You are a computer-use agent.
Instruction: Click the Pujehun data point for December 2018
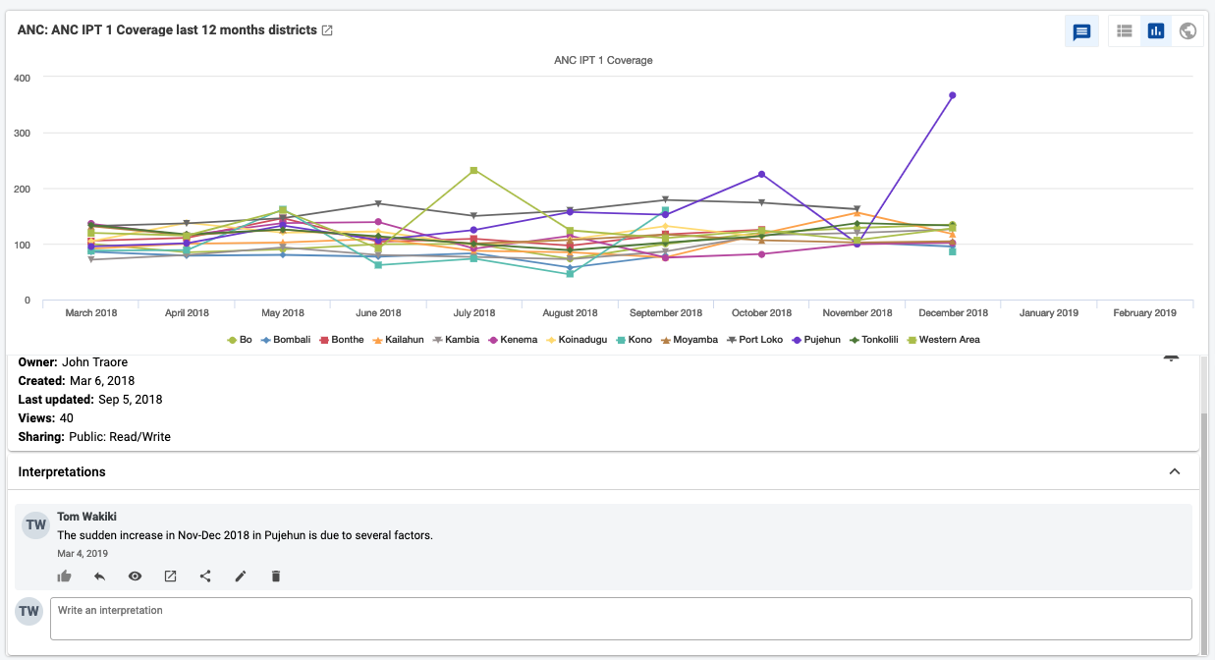pos(953,95)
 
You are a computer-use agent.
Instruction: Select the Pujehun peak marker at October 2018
pos(761,174)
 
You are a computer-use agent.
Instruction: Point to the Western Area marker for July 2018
pos(473,170)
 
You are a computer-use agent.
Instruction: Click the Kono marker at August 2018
pos(570,274)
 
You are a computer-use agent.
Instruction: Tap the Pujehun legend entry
pos(816,340)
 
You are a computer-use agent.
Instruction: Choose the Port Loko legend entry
pos(754,340)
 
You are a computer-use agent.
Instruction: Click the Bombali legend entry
pos(286,340)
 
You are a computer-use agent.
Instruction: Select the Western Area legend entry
pos(944,340)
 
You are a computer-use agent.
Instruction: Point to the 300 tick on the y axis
pos(23,133)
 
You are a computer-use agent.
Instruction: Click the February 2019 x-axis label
pos(1144,313)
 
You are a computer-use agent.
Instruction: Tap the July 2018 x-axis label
pos(474,313)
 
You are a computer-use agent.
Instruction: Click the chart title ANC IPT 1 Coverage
pos(603,60)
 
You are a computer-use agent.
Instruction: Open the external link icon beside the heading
pos(327,30)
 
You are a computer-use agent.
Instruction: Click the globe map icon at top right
pos(1187,30)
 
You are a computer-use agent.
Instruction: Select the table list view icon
pos(1125,30)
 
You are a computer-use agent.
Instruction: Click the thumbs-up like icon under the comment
pos(64,576)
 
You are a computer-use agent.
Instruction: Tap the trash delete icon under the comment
pos(276,576)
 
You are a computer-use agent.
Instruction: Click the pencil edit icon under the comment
pos(241,576)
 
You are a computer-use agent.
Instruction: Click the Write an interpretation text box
pos(621,619)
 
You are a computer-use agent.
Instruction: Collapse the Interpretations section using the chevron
pos(1175,471)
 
